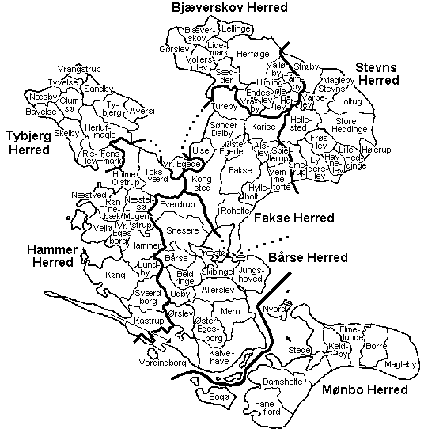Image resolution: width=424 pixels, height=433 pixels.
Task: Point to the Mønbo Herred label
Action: click(x=365, y=390)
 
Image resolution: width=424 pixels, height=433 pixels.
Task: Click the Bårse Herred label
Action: click(x=308, y=258)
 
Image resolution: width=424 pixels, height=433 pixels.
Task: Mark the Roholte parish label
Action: click(x=235, y=211)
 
